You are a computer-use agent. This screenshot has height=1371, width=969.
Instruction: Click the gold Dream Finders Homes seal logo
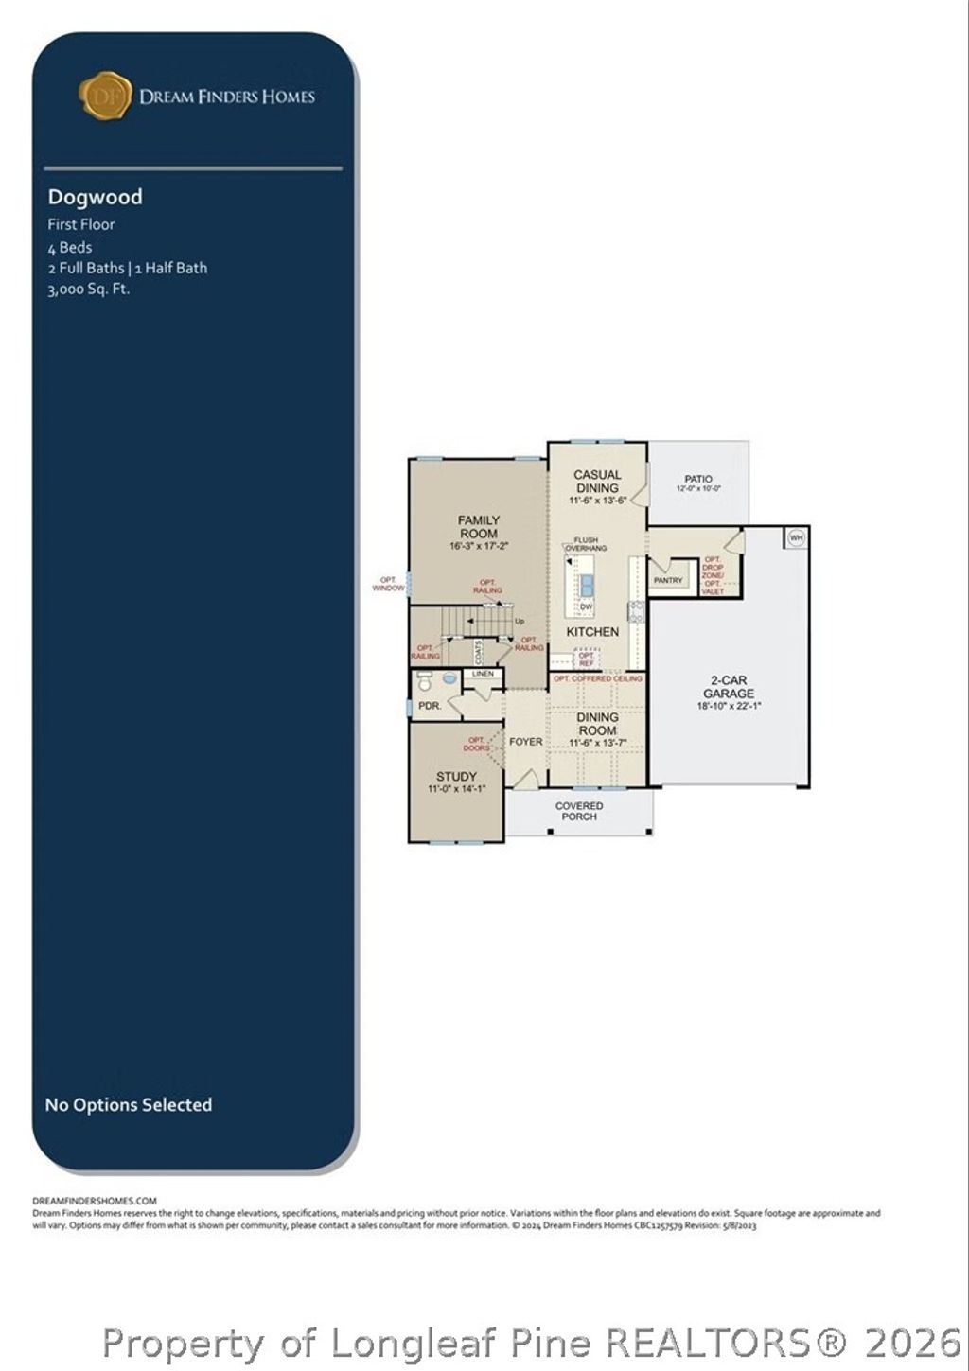(105, 96)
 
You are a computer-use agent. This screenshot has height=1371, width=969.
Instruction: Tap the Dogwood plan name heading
(96, 197)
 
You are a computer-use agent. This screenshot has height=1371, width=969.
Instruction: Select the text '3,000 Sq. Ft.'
(88, 289)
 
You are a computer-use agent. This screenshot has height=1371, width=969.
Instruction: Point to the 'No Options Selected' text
(129, 1104)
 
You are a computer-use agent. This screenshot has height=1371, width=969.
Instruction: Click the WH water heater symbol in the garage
(796, 537)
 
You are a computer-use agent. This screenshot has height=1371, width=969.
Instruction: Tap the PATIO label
(698, 479)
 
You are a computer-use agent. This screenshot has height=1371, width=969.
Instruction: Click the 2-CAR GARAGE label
(729, 687)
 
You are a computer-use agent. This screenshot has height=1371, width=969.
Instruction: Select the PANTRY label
(668, 580)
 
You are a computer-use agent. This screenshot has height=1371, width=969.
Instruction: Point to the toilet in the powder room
(425, 681)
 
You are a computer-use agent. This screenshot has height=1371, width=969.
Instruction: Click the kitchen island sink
(587, 584)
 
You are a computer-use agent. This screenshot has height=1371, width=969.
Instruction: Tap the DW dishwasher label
(586, 606)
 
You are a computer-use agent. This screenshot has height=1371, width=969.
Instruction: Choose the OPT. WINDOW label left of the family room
(388, 584)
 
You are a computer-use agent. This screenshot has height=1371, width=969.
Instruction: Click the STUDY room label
(456, 776)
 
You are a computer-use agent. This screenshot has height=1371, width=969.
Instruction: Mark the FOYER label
(526, 742)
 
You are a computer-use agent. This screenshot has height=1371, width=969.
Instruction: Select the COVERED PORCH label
(579, 811)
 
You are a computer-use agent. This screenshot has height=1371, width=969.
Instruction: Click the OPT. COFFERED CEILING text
(598, 678)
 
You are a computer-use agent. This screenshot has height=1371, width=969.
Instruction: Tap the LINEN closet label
(483, 674)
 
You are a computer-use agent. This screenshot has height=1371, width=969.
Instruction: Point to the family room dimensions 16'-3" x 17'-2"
(479, 546)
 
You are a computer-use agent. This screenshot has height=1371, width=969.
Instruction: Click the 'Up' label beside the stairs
(519, 622)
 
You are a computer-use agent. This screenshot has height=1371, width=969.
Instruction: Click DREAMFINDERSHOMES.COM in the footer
(95, 1200)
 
